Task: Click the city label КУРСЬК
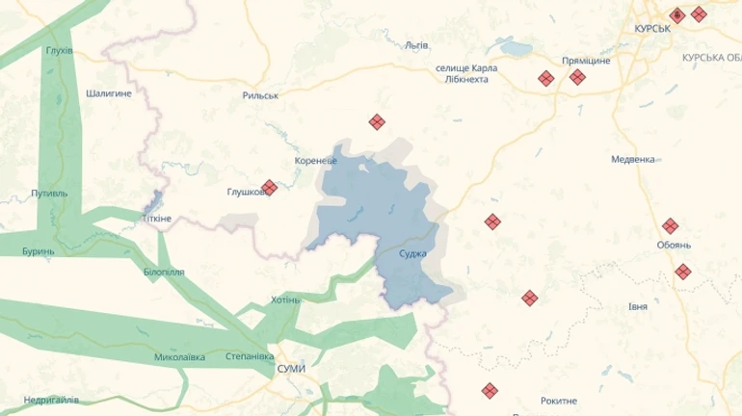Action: pyautogui.click(x=652, y=30)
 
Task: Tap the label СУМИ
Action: pyautogui.click(x=290, y=370)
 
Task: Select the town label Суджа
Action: pyautogui.click(x=413, y=253)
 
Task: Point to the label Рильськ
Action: pyautogui.click(x=260, y=96)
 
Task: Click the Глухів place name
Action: pyautogui.click(x=59, y=50)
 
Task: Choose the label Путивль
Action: pyautogui.click(x=49, y=193)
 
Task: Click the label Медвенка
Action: pyautogui.click(x=633, y=159)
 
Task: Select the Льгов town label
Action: pyautogui.click(x=416, y=45)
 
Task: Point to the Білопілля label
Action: pyautogui.click(x=163, y=273)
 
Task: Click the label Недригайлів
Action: pyautogui.click(x=51, y=400)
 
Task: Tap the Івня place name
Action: pyautogui.click(x=637, y=306)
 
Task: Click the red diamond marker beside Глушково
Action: pyautogui.click(x=270, y=188)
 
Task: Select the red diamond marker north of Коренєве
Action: pyautogui.click(x=377, y=122)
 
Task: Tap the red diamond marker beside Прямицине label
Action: pyautogui.click(x=577, y=77)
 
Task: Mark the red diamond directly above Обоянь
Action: pyautogui.click(x=671, y=226)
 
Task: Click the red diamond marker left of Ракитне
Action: pyautogui.click(x=490, y=391)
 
